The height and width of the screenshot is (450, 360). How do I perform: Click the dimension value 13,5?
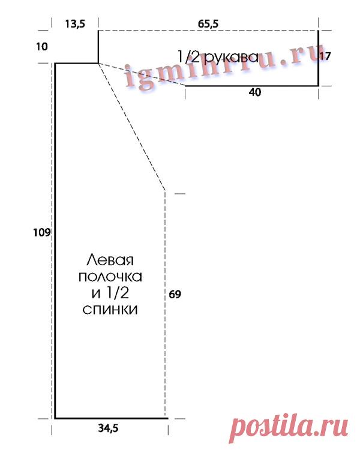point(74,23)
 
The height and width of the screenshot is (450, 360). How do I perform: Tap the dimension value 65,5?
point(208,23)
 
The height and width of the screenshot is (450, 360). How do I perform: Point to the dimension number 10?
point(41,46)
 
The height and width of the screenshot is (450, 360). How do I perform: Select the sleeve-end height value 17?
point(325,56)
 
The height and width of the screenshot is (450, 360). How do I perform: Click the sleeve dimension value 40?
point(255,92)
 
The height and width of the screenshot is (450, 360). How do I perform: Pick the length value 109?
point(42,232)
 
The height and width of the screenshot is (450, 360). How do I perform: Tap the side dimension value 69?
point(175,294)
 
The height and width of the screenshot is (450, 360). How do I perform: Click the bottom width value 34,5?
point(108,428)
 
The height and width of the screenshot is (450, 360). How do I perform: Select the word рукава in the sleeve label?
point(232,58)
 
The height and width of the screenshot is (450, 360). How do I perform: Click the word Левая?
point(110,260)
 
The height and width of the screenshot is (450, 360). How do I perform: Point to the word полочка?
point(110,277)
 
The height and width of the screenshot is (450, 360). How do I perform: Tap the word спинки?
point(110,310)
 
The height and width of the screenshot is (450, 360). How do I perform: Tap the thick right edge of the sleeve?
point(319,58)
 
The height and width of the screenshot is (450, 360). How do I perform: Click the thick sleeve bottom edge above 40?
point(252,86)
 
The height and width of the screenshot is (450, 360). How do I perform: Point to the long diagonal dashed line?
point(132,127)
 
